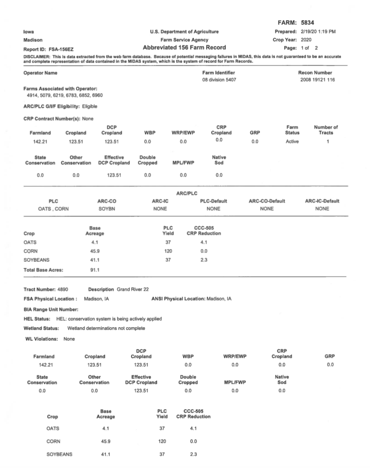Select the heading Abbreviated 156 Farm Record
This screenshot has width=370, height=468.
(x=184, y=47)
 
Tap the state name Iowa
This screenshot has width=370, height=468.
(x=28, y=32)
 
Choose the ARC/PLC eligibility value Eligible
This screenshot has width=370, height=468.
(x=89, y=106)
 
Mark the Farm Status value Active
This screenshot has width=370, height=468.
(x=292, y=141)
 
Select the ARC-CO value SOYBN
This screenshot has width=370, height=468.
(x=106, y=208)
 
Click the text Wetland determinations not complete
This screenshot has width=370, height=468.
(x=106, y=328)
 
